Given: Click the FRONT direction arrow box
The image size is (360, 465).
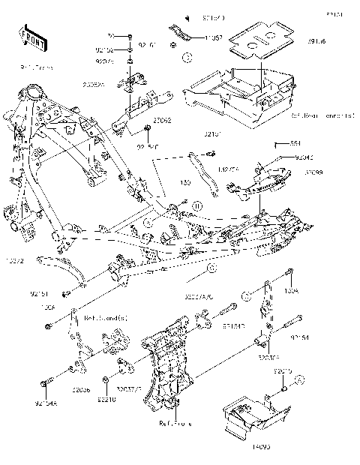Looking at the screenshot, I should point(28,36).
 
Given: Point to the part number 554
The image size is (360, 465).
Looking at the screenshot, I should point(295,143).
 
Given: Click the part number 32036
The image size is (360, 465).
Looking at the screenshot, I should point(82,391).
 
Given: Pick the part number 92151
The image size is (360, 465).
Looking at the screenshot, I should point(40,294).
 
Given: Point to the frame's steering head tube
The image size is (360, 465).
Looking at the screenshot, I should point(34,98).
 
